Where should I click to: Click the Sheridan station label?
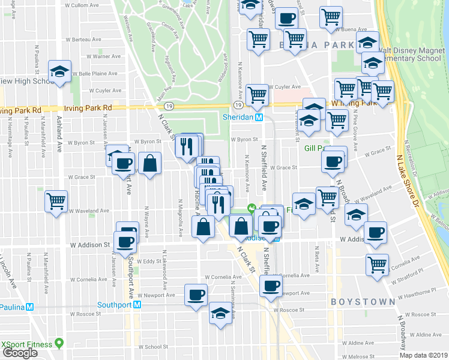(238, 117)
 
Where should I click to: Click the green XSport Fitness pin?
(59, 344)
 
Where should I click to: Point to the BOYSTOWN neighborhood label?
(362, 301)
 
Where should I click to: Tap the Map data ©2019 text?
(423, 355)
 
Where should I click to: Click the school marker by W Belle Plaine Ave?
(60, 71)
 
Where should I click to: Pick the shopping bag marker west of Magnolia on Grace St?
(149, 163)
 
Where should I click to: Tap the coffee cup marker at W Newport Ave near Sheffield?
(271, 286)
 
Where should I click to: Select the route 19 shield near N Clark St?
(170, 106)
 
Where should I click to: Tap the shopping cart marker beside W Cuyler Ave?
(257, 93)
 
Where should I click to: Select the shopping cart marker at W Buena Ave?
(331, 18)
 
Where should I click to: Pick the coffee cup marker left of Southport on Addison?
(125, 242)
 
